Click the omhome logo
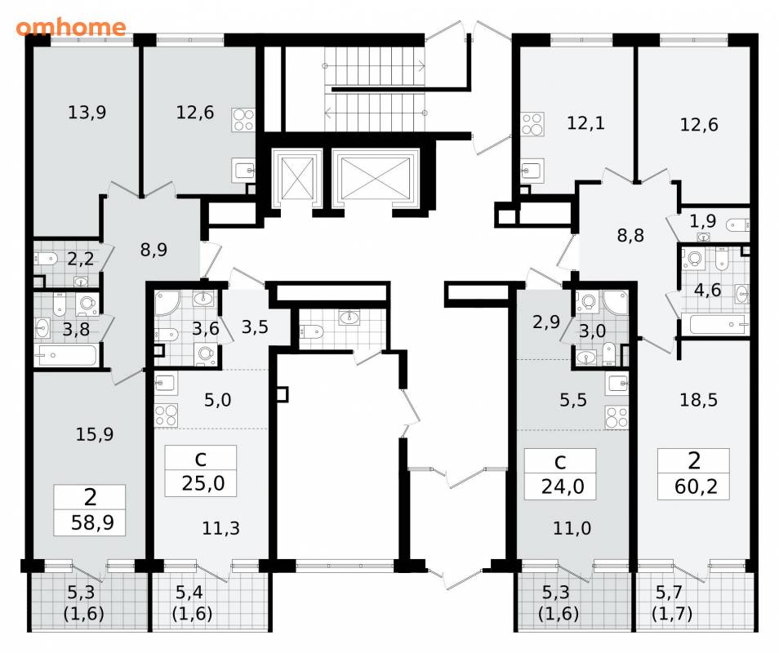coord(70,27)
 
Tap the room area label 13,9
coord(87,113)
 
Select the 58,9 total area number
coord(92,522)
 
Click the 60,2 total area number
coord(696,486)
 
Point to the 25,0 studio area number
coord(203,482)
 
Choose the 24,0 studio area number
coord(563,486)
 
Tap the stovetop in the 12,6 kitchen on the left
coord(243,120)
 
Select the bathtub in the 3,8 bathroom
coord(68,356)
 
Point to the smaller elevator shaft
coord(297,178)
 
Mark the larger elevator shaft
coord(376,178)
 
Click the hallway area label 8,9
coord(154,250)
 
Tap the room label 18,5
coord(698,400)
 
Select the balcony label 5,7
coord(670,592)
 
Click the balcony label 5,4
coord(189,592)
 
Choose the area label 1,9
coord(702,221)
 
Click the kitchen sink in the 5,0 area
coord(166,384)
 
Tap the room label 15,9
coord(95,434)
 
